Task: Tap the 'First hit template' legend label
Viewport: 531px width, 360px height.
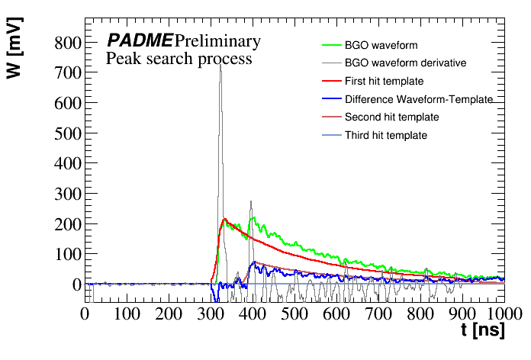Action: pos(384,81)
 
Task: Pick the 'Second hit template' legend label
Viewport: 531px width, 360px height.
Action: pos(391,117)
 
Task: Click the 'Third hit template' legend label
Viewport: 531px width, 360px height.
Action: pos(386,136)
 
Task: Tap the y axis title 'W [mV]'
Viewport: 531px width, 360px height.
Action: pos(18,58)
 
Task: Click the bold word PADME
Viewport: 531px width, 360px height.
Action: pos(139,40)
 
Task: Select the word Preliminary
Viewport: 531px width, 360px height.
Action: pos(217,41)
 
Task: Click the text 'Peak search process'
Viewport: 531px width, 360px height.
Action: pos(179,59)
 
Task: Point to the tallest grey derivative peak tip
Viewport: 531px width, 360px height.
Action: pos(220,64)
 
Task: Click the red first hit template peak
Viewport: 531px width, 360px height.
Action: pos(225,219)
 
